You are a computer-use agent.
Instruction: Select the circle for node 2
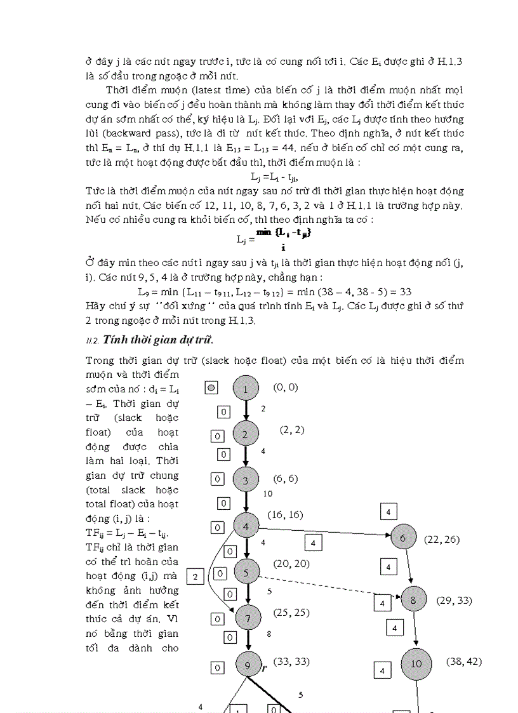point(246,434)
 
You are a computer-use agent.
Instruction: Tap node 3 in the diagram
point(246,481)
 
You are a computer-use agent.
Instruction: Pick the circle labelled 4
point(246,526)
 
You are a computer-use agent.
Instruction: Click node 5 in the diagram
point(247,572)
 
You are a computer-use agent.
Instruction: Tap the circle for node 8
point(413,599)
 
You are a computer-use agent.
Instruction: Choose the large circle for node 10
point(416,664)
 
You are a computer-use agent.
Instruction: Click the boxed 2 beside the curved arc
point(195,576)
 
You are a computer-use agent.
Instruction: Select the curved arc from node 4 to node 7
point(211,571)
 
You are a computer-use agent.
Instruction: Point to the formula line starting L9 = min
point(275,292)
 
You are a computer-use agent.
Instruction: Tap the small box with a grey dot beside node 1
point(212,387)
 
